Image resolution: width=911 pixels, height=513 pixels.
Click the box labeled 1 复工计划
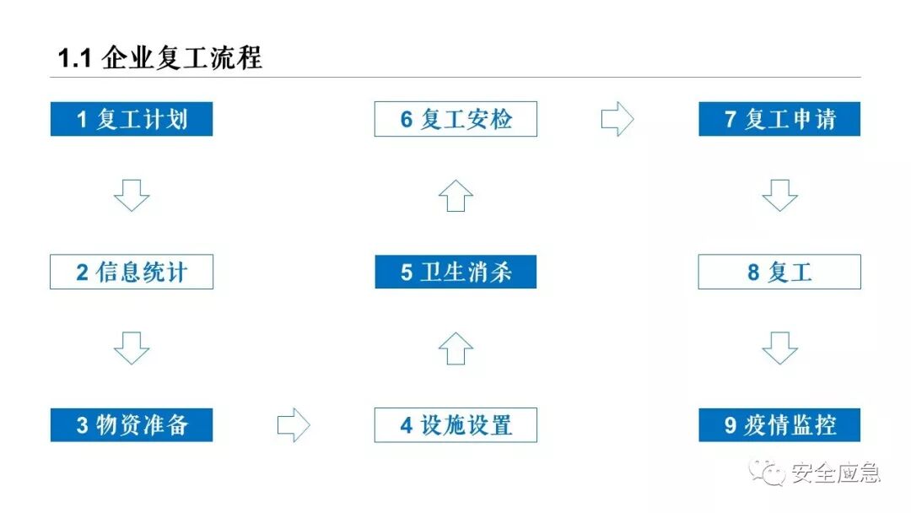[x=132, y=119]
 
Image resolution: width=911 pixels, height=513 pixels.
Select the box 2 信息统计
[x=132, y=272]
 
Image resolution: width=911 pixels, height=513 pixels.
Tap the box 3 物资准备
[x=132, y=424]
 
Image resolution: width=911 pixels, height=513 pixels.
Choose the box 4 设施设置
[x=455, y=424]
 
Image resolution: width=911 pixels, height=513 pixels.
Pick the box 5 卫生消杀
[x=455, y=272]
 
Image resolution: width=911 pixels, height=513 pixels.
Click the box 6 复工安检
[x=455, y=119]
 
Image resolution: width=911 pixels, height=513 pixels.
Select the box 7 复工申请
[x=779, y=119]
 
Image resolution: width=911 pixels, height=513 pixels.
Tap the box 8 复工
[x=779, y=272]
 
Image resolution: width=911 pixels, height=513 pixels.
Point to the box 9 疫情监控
[x=779, y=424]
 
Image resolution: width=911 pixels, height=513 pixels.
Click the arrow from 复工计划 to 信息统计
[x=132, y=195]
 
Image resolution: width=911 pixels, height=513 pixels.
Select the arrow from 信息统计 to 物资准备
[x=132, y=348]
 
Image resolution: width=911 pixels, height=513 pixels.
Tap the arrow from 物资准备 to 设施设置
[x=294, y=424]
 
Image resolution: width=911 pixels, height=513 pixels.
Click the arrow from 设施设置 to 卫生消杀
[x=455, y=348]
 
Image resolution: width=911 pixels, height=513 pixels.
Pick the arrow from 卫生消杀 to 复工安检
[x=455, y=195]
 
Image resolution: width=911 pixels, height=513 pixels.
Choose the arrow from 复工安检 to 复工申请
[x=617, y=119]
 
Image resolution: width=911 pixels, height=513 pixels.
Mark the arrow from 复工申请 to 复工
[x=779, y=195]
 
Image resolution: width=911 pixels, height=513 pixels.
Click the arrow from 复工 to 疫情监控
[x=779, y=348]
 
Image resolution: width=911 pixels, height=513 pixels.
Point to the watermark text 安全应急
[x=836, y=472]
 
